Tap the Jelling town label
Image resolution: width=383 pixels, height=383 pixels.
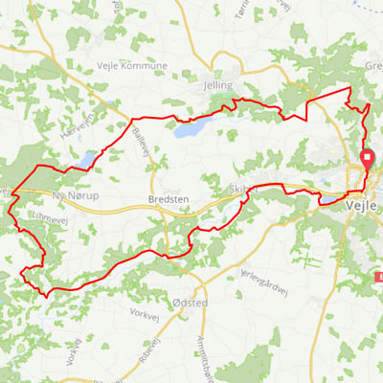218,85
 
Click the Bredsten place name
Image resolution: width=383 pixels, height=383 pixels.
169,200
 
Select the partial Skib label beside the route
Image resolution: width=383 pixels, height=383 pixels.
239,189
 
